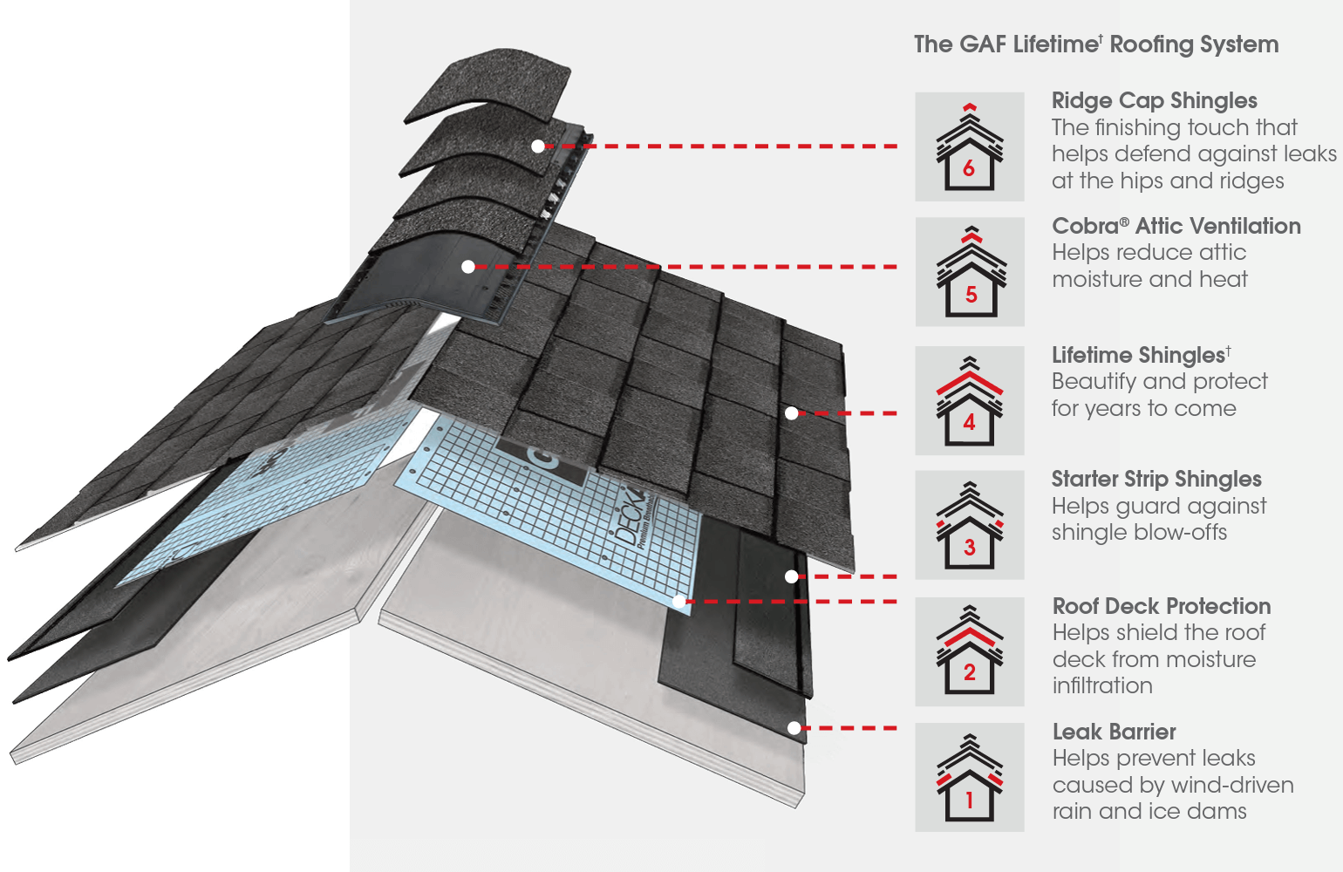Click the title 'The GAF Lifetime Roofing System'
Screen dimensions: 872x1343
click(1095, 44)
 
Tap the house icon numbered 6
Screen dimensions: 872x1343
click(969, 146)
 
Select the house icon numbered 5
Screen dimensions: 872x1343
click(969, 272)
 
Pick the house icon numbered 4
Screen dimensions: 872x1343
click(969, 400)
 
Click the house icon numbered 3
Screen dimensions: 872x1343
click(969, 525)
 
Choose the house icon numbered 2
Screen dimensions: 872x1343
click(969, 651)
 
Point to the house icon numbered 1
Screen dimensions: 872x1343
click(969, 777)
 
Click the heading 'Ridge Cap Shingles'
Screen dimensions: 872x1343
click(1154, 101)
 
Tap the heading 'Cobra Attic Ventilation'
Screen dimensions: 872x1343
click(1176, 227)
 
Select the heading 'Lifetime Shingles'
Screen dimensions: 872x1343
click(1139, 355)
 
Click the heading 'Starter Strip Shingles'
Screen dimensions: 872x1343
click(1156, 480)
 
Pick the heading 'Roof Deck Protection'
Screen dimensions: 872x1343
click(1161, 606)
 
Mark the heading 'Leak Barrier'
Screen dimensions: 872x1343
click(1114, 732)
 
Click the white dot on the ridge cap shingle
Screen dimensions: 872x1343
click(538, 146)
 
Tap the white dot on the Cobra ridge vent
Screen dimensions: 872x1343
click(468, 267)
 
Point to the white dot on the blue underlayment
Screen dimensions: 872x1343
click(678, 602)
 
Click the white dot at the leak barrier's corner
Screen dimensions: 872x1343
click(793, 727)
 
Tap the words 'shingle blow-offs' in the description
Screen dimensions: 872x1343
click(1139, 533)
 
